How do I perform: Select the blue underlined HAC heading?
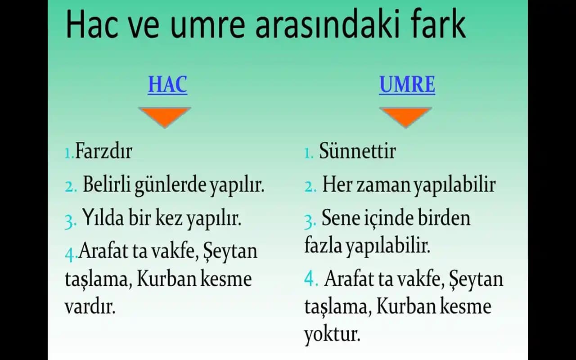[167, 85]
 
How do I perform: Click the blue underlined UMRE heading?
[407, 85]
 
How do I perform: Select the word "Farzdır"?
[103, 151]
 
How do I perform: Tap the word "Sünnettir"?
[357, 151]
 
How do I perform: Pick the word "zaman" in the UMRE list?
[384, 185]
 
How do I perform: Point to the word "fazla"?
[323, 246]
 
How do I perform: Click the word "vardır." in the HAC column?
[90, 307]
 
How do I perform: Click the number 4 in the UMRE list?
[311, 279]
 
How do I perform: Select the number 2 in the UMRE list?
[310, 186]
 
